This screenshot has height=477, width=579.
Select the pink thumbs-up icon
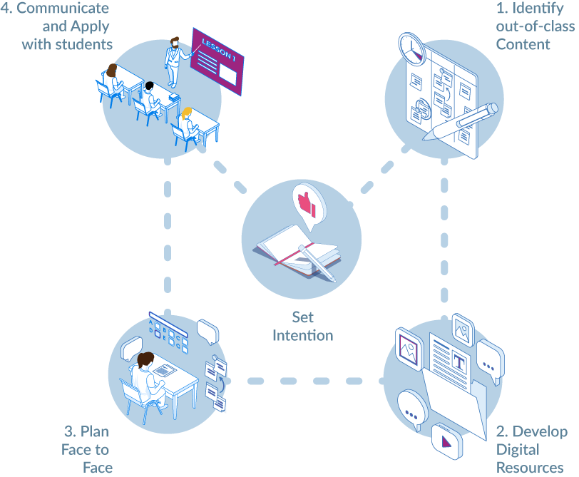307,202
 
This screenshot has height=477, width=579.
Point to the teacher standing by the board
173,63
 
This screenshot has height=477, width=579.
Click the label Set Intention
303,325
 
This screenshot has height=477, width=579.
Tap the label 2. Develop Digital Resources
532,449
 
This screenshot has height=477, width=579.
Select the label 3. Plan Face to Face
87,449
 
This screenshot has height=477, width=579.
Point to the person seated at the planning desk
148,378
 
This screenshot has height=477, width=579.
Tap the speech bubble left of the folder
413,408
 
